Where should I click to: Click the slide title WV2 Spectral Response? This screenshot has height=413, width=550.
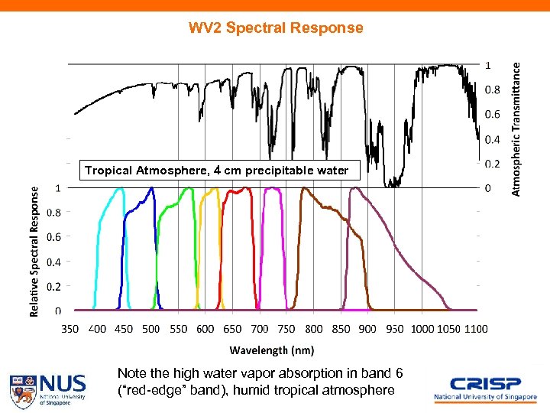click(277, 28)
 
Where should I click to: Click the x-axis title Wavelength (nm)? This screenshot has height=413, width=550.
click(272, 350)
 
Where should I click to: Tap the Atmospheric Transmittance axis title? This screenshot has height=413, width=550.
click(517, 128)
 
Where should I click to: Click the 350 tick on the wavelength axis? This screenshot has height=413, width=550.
click(70, 329)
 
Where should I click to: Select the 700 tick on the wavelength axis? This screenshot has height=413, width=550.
click(260, 329)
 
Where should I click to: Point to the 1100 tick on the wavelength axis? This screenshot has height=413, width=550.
click(475, 329)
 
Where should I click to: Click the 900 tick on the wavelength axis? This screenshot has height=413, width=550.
click(367, 329)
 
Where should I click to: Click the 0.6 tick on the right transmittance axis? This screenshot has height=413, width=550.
click(493, 115)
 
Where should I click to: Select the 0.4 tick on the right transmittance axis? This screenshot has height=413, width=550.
click(493, 140)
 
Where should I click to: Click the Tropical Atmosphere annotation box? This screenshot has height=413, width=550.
click(217, 170)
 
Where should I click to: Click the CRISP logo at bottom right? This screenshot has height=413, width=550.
click(484, 388)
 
